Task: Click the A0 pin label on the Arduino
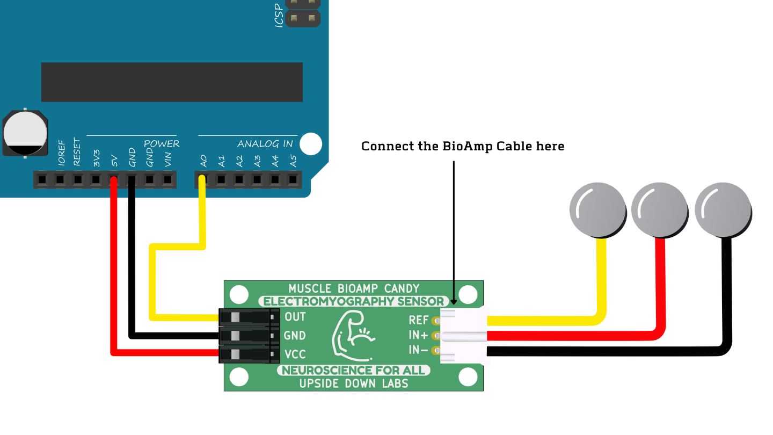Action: [203, 161]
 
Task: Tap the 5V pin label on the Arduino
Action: [114, 161]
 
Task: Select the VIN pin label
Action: [168, 160]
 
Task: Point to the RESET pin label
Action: [77, 151]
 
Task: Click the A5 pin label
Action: [293, 161]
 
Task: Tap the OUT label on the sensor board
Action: [295, 316]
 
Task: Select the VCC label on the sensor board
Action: [295, 354]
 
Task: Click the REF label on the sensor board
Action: [419, 320]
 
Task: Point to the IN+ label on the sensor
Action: [419, 336]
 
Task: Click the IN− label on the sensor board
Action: [419, 350]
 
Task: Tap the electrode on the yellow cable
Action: [597, 211]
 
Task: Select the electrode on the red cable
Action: [659, 211]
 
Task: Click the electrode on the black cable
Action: [723, 211]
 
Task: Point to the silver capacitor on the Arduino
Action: [25, 133]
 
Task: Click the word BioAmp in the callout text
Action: [462, 146]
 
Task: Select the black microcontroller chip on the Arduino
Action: [172, 82]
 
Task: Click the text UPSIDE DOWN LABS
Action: [353, 383]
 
